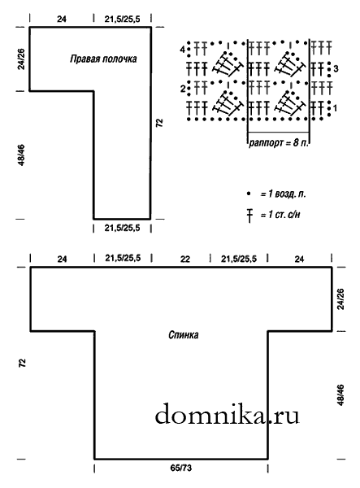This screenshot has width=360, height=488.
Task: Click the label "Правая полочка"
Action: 103,59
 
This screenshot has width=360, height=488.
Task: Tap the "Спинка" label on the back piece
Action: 184,335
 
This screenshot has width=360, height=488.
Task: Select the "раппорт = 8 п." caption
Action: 279,143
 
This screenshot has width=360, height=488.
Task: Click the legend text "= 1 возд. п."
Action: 283,194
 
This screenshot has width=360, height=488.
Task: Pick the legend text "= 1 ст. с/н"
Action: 280,215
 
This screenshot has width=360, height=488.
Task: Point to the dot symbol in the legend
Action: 249,194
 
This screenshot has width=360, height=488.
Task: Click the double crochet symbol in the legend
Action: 249,216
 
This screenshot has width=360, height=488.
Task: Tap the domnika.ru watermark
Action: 227,415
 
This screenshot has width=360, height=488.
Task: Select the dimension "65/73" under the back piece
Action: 181,468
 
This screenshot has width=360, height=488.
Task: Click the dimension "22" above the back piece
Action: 185,259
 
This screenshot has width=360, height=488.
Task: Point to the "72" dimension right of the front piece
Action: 159,123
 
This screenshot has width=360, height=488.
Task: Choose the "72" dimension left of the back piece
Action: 23,363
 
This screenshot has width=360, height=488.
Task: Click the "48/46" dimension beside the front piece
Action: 21,155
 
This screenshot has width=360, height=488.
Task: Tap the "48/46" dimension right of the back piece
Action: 340,395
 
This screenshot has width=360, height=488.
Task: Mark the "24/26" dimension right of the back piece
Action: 340,299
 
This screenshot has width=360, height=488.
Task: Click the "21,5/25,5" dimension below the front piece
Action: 122,228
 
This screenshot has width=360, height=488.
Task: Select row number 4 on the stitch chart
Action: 183,49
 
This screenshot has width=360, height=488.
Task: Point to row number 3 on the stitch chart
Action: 336,68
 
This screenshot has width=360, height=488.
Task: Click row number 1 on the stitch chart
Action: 335,109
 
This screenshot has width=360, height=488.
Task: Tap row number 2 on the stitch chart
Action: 183,89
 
